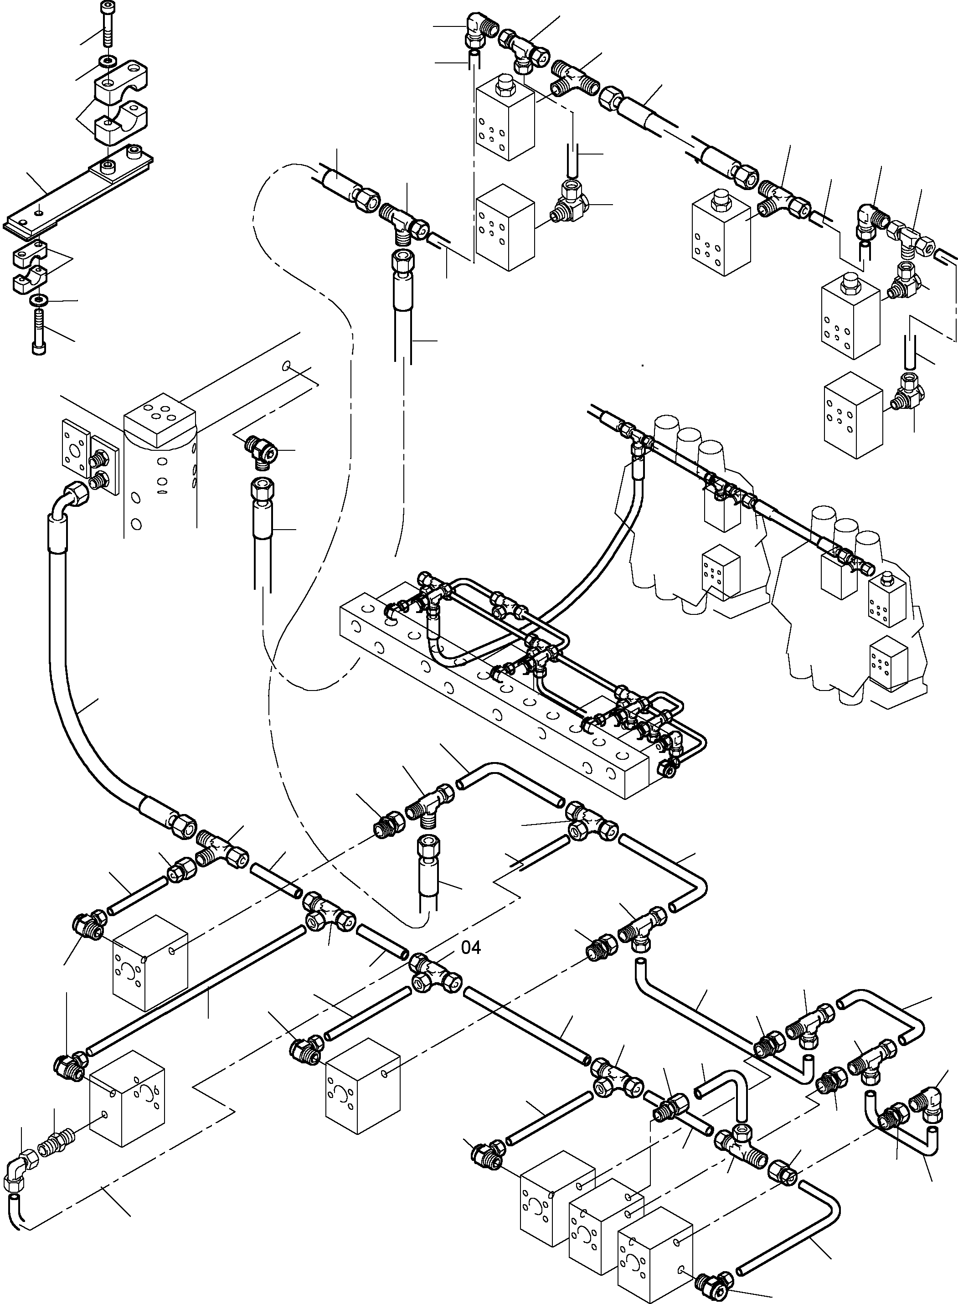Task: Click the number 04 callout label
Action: [x=471, y=948]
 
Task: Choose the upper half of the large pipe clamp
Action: [x=122, y=81]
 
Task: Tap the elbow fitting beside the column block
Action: [x=261, y=449]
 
